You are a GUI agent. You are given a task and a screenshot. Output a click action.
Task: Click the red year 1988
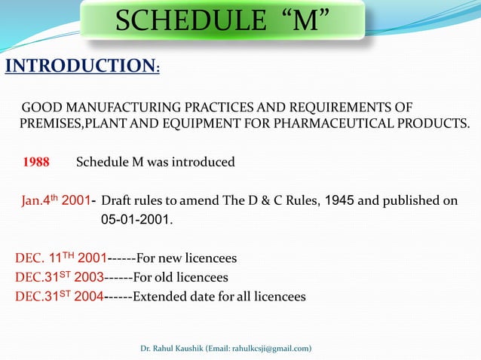pyautogui.click(x=36, y=162)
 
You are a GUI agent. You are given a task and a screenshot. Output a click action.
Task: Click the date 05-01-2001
pyautogui.click(x=136, y=221)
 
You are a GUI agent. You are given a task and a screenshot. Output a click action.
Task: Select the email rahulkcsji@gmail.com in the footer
pyautogui.click(x=260, y=349)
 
